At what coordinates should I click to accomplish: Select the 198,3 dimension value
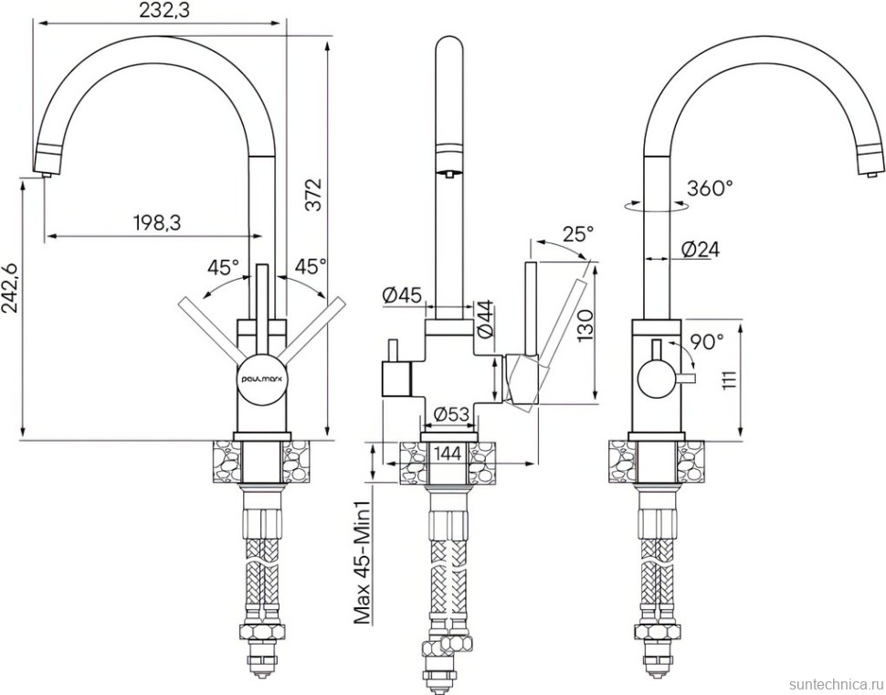[157, 223]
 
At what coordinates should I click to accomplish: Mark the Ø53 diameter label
[451, 415]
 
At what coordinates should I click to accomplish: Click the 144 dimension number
[450, 454]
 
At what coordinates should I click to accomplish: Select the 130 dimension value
[586, 326]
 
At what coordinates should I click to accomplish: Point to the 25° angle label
[579, 232]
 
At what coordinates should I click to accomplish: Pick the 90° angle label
[707, 341]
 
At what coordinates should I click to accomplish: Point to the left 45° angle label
[223, 266]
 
